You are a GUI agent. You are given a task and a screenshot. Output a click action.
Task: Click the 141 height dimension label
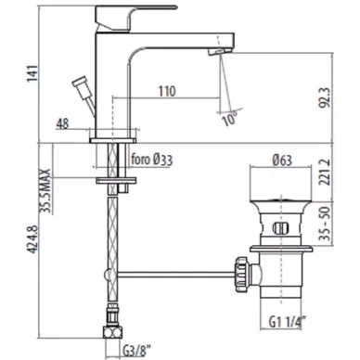pyautogui.click(x=33, y=73)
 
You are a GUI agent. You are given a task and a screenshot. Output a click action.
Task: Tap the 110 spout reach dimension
pyautogui.click(x=167, y=91)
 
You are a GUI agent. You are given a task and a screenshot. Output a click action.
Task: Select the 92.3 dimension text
pyautogui.click(x=325, y=97)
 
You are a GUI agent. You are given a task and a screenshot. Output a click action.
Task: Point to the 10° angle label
pyautogui.click(x=230, y=119)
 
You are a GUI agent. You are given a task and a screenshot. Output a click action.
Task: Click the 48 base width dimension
pyautogui.click(x=62, y=124)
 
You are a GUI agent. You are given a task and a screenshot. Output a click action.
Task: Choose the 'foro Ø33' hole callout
pyautogui.click(x=152, y=160)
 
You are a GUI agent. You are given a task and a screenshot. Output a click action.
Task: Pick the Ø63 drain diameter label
pyautogui.click(x=282, y=161)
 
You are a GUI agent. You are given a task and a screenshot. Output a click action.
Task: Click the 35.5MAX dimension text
pyautogui.click(x=45, y=191)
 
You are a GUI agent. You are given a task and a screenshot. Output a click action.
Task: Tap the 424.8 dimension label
pyautogui.click(x=33, y=239)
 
